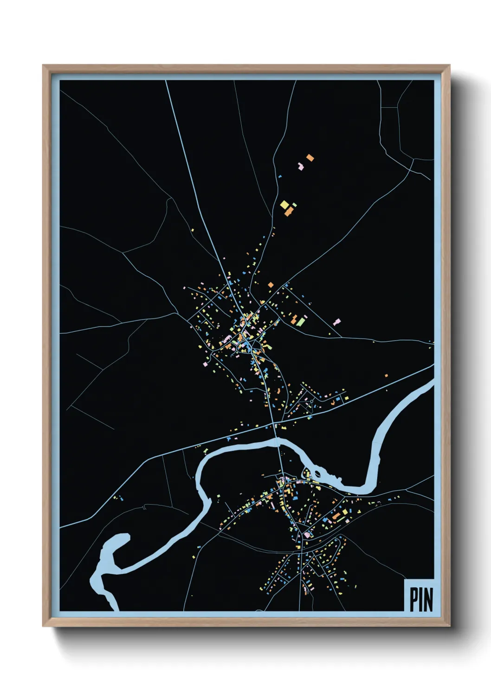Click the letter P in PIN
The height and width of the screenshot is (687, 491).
click(413, 599)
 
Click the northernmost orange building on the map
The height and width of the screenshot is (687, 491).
click(310, 158)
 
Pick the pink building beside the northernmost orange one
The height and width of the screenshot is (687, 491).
click(301, 165)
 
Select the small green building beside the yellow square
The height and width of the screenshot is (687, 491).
click(294, 204)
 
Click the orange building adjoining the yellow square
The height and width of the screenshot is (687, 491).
click(289, 212)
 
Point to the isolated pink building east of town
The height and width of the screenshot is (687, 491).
click(337, 321)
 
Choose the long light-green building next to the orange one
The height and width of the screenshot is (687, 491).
click(301, 321)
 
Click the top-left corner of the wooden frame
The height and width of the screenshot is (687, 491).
click(43, 65)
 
